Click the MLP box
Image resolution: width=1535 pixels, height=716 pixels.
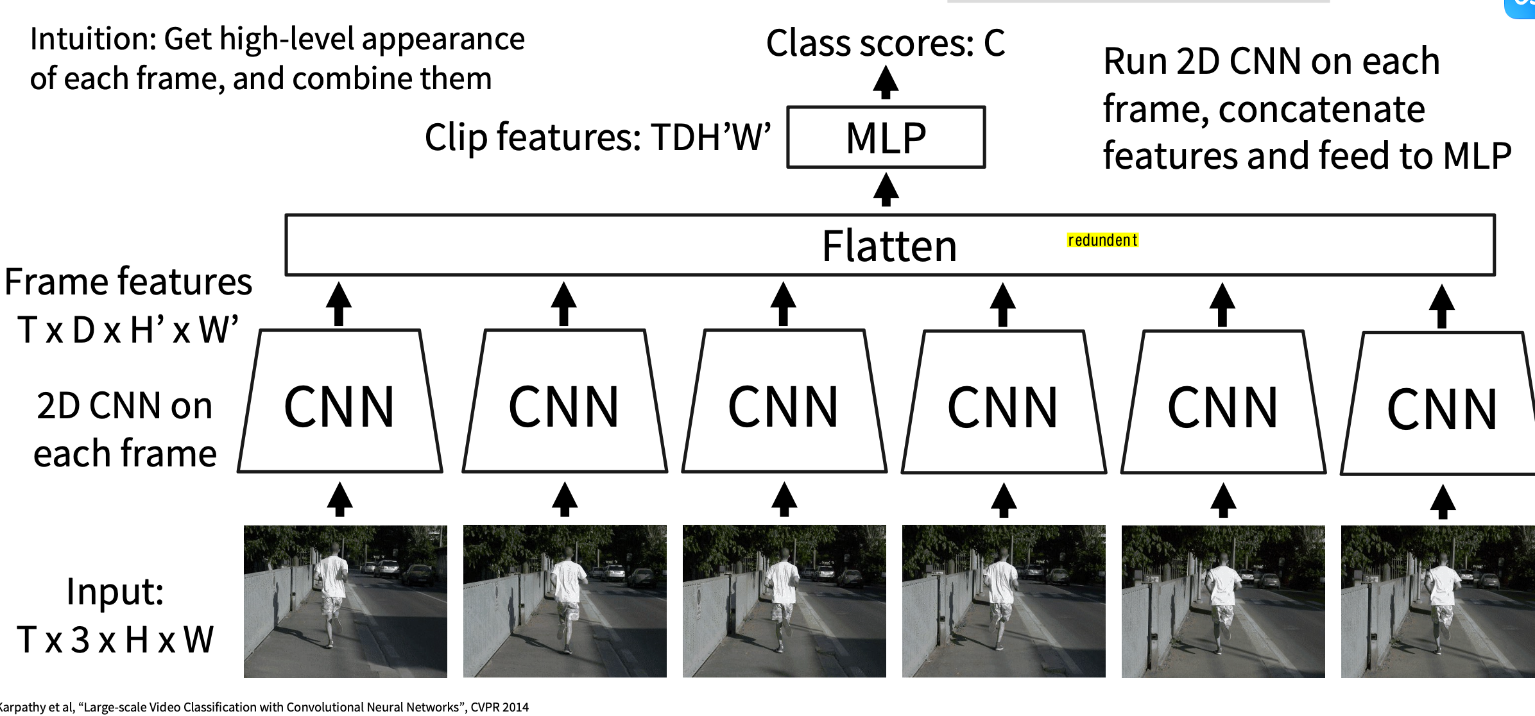[x=886, y=137]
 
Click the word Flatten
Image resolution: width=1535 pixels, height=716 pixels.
[x=889, y=246]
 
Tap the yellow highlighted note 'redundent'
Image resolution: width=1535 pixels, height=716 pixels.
[x=1102, y=241]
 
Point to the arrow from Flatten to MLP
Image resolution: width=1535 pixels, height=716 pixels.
[x=886, y=190]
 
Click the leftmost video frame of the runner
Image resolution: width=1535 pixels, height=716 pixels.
[x=345, y=601]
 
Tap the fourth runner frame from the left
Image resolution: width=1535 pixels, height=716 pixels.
[x=1004, y=601]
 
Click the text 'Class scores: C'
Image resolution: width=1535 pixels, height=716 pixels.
[x=886, y=43]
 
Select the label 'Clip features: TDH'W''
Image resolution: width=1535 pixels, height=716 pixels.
[x=597, y=137]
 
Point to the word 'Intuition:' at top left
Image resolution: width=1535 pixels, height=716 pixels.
[x=93, y=40]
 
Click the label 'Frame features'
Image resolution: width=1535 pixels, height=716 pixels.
[x=128, y=282]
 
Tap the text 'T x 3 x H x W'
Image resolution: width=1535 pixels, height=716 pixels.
[x=116, y=640]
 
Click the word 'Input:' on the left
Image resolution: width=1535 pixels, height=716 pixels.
[x=116, y=591]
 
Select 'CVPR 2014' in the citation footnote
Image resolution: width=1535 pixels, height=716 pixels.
[x=499, y=707]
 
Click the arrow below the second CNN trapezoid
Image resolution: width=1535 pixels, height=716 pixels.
[x=565, y=500]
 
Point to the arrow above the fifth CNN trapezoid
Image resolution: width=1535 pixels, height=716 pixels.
[x=1222, y=305]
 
